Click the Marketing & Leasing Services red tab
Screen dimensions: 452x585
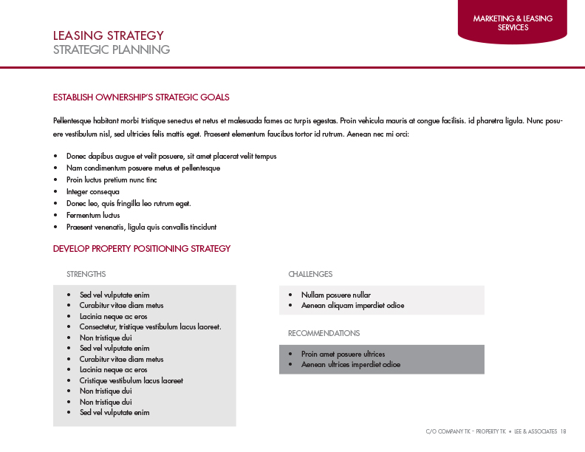tap(513, 23)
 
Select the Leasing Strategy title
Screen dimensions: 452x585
tap(108, 35)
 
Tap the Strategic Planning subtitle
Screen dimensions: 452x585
tap(111, 50)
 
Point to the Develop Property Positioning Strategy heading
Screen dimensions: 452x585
tap(142, 249)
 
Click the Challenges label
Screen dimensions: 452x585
tap(310, 274)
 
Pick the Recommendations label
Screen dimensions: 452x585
tap(324, 333)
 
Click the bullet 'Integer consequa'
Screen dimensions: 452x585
tap(92, 192)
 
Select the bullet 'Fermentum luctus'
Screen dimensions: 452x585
tap(92, 216)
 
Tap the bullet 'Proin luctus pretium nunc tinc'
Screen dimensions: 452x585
tap(111, 180)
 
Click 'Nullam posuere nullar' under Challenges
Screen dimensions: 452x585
tap(335, 295)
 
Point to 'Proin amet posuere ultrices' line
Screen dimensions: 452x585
tap(343, 354)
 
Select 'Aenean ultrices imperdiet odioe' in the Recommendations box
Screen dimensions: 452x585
tap(350, 364)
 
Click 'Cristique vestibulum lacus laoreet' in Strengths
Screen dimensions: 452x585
tap(131, 380)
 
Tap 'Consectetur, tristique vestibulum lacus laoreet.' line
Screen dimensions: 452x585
tap(150, 326)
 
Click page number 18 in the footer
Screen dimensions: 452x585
tap(563, 431)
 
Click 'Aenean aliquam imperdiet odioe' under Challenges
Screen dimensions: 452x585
tap(352, 305)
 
